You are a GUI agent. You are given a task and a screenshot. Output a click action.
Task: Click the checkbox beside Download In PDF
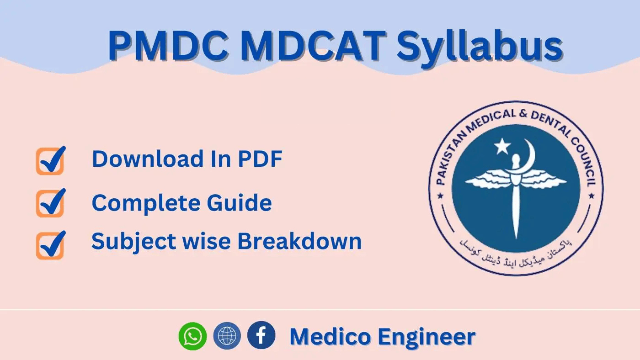pyautogui.click(x=50, y=161)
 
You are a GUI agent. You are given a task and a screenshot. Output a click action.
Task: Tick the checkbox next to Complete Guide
pyautogui.click(x=50, y=203)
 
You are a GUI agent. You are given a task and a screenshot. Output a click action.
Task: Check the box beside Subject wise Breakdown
pyautogui.click(x=50, y=245)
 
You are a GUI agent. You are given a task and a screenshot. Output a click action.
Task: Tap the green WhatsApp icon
pyautogui.click(x=192, y=336)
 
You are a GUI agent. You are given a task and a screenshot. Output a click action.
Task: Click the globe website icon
pyautogui.click(x=227, y=336)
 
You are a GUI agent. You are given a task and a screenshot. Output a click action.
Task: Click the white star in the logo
pyautogui.click(x=502, y=147)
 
